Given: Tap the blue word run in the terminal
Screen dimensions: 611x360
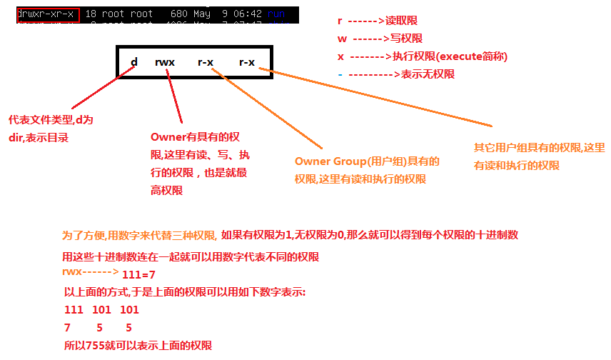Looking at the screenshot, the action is coord(276,12).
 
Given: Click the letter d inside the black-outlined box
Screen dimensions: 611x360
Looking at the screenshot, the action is coord(133,62).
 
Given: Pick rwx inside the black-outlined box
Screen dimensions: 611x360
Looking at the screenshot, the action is coord(164,62).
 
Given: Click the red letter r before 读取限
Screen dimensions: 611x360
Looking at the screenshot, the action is coord(340,21).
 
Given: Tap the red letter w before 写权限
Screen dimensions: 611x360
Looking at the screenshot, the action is coord(340,39).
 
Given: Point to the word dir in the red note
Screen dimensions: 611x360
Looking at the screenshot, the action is coord(16,138).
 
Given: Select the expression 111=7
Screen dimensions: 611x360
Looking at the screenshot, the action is coord(140,275).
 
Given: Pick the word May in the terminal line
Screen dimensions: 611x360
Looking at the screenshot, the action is coord(203,12).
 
